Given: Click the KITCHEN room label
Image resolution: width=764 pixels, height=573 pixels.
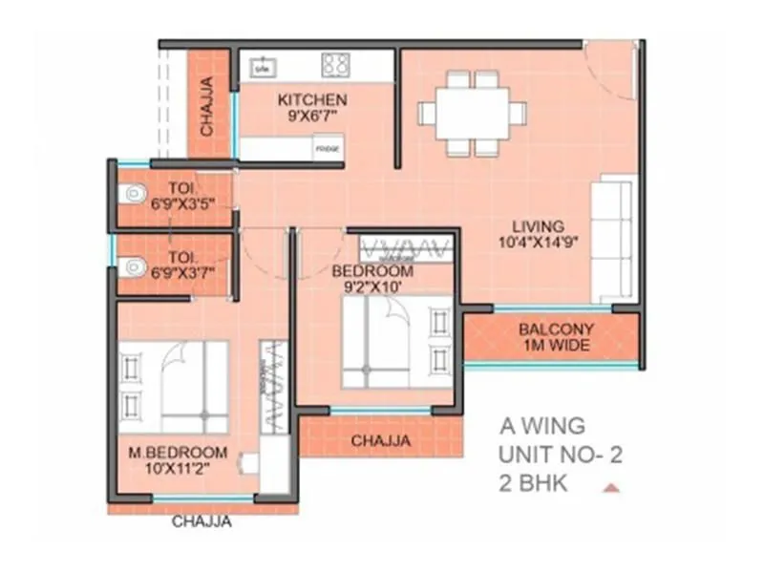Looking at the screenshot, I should [x=312, y=99].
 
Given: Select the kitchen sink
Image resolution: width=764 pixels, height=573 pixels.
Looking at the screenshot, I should [x=262, y=67].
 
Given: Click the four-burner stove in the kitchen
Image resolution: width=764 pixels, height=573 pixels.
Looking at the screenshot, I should [x=335, y=65].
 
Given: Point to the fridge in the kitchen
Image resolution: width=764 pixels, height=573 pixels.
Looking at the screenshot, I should [x=328, y=149].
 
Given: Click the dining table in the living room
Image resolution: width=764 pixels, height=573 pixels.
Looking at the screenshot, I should [x=473, y=114].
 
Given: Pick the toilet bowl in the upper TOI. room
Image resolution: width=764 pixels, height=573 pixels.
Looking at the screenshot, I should [x=133, y=195].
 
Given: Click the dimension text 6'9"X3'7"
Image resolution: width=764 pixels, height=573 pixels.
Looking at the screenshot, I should [x=181, y=272].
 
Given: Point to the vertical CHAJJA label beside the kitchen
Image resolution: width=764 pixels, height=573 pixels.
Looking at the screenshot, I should [x=207, y=104].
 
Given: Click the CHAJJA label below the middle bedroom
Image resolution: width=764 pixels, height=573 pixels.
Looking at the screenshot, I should [x=381, y=440].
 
